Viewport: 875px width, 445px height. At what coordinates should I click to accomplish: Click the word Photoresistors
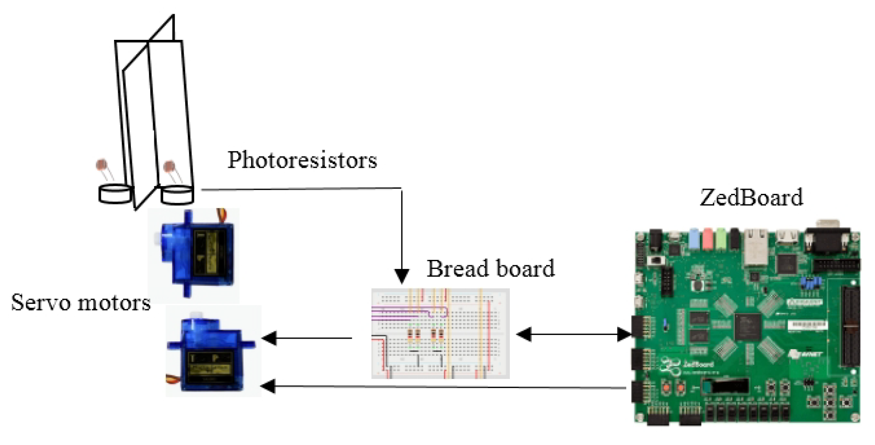click(302, 160)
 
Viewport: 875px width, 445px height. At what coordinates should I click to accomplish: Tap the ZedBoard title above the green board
click(751, 198)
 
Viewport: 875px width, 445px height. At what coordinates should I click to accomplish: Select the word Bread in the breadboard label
click(453, 269)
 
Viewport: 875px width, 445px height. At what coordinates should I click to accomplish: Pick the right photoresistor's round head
click(169, 165)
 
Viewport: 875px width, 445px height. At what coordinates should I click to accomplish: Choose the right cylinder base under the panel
click(177, 195)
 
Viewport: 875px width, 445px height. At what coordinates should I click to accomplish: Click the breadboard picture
click(440, 334)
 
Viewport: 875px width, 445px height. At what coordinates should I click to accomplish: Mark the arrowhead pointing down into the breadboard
click(402, 276)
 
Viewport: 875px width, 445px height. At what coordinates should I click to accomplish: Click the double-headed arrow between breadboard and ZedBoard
click(574, 334)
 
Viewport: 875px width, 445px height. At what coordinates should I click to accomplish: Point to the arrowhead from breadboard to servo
click(269, 338)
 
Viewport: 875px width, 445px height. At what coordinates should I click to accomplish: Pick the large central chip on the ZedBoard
click(747, 327)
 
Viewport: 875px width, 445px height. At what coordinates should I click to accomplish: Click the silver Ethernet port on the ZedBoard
click(756, 247)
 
